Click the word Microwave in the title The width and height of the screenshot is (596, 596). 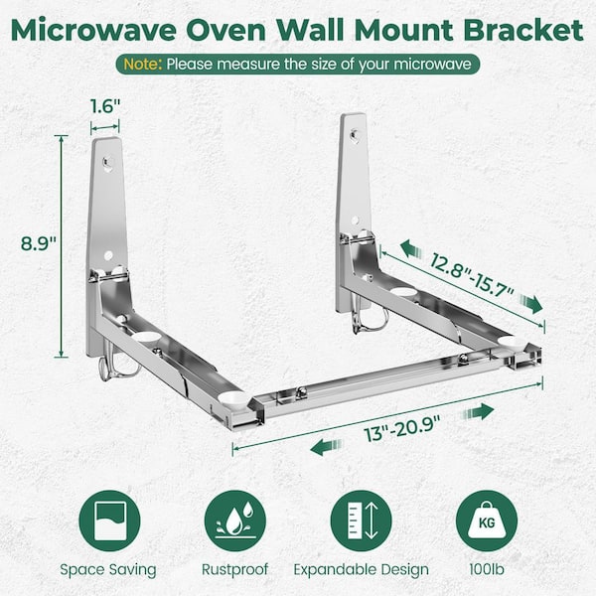tap(93, 30)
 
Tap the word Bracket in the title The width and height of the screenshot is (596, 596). tap(523, 30)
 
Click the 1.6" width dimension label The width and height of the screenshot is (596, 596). tap(105, 106)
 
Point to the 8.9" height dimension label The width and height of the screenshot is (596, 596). tap(39, 243)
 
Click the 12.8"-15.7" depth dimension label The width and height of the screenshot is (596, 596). tap(472, 275)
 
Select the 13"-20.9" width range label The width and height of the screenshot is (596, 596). tap(402, 428)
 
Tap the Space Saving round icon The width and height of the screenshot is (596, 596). tap(109, 521)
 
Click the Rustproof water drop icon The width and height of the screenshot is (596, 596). tap(234, 521)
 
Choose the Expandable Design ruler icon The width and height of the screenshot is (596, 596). tap(362, 521)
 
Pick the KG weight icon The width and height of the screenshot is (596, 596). tap(487, 521)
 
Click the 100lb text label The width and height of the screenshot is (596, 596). tap(487, 569)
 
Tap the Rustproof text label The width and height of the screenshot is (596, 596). tap(234, 569)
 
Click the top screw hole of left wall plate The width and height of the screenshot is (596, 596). tap(107, 163)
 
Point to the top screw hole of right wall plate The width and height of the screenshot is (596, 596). tap(355, 134)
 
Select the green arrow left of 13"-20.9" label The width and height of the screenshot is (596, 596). tap(326, 447)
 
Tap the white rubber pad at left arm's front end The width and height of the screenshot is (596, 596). tap(232, 398)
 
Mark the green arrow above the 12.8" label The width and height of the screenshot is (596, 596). tap(411, 249)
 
